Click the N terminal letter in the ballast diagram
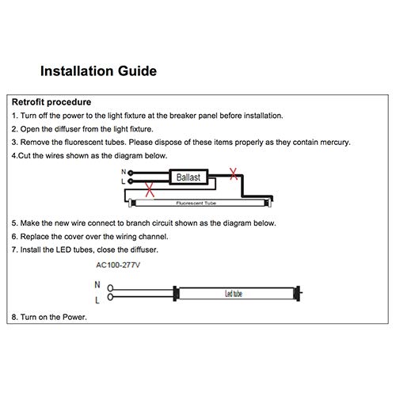click(123, 172)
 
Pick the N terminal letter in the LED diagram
click(97, 285)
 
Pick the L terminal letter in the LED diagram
click(97, 300)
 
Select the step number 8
click(14, 318)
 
